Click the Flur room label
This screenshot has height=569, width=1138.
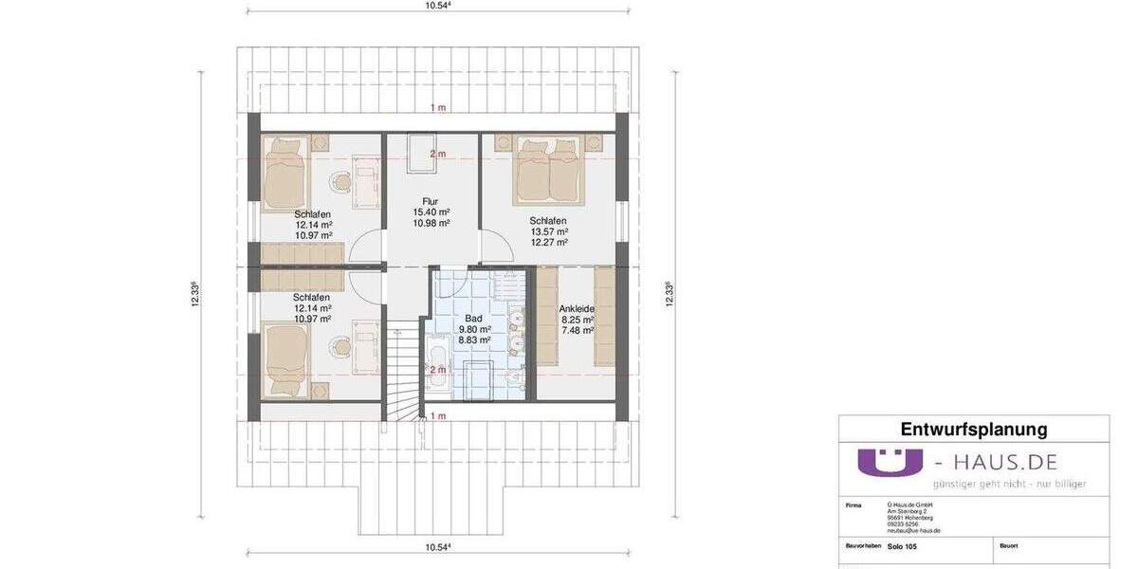pos(431,200)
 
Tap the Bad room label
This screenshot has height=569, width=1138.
pos(473,319)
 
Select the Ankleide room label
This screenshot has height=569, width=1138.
pos(577,308)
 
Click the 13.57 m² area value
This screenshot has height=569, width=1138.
pos(549,231)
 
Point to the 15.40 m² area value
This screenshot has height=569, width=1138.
pos(431,211)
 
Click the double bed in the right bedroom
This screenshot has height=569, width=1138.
pos(549,172)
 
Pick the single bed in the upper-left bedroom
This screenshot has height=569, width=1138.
pos(284,173)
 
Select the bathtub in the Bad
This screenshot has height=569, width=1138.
pos(437,362)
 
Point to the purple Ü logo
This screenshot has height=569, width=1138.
pos(890,462)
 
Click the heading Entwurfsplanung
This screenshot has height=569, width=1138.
pos(973,430)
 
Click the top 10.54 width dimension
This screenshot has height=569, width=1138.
pos(437,6)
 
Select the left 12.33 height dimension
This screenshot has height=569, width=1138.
pos(194,294)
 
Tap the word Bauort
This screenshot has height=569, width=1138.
pos(1008,546)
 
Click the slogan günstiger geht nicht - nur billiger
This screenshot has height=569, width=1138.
pos(1009,484)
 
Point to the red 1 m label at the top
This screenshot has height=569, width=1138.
pos(437,107)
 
